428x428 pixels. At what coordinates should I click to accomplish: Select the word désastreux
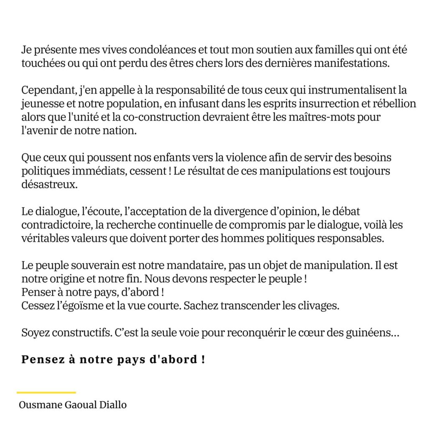pyautogui.click(x=49, y=185)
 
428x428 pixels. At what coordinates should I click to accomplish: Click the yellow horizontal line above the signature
pyautogui.click(x=46, y=392)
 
